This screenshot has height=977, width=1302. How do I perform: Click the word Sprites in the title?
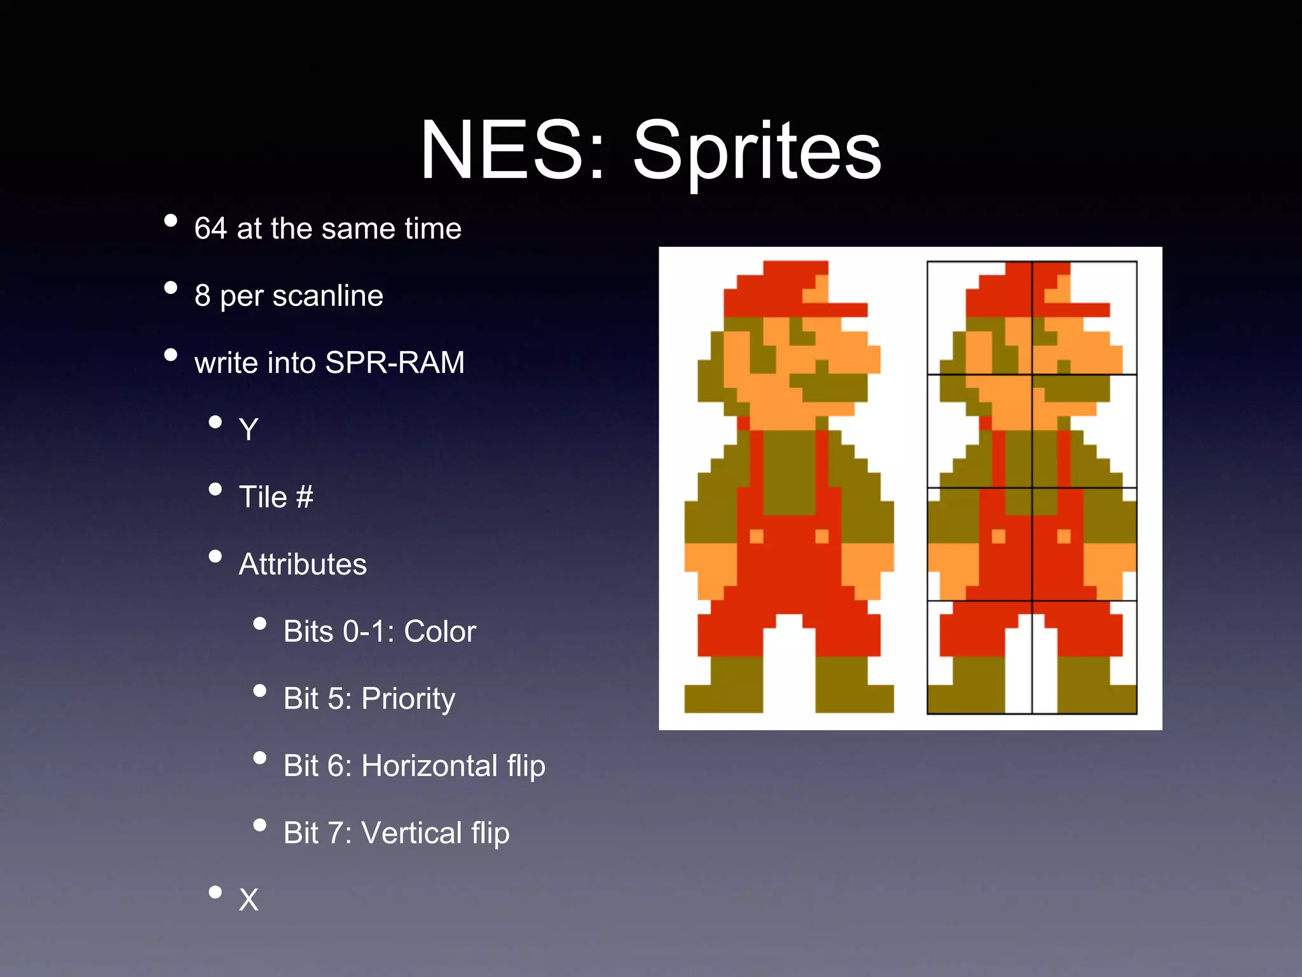pos(757,151)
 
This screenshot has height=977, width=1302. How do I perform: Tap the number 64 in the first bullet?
pos(210,228)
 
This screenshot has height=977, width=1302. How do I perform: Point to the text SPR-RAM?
pos(394,363)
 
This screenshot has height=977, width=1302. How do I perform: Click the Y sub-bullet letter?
pos(248,430)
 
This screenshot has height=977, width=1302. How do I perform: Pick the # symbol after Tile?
pos(305,497)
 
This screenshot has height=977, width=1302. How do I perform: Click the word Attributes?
pos(303,564)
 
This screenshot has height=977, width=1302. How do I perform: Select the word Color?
pos(440,632)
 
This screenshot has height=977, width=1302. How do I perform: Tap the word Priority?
pos(408,699)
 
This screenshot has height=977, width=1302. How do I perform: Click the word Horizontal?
pos(429,766)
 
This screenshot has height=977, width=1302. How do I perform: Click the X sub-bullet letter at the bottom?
pos(249,900)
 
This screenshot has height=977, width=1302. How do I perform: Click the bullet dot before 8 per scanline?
pos(170,288)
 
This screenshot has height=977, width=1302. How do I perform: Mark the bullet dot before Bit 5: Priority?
pos(259,691)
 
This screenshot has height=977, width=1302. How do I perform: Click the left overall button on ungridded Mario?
pos(757,536)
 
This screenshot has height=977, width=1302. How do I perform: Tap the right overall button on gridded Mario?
pos(1064,536)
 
